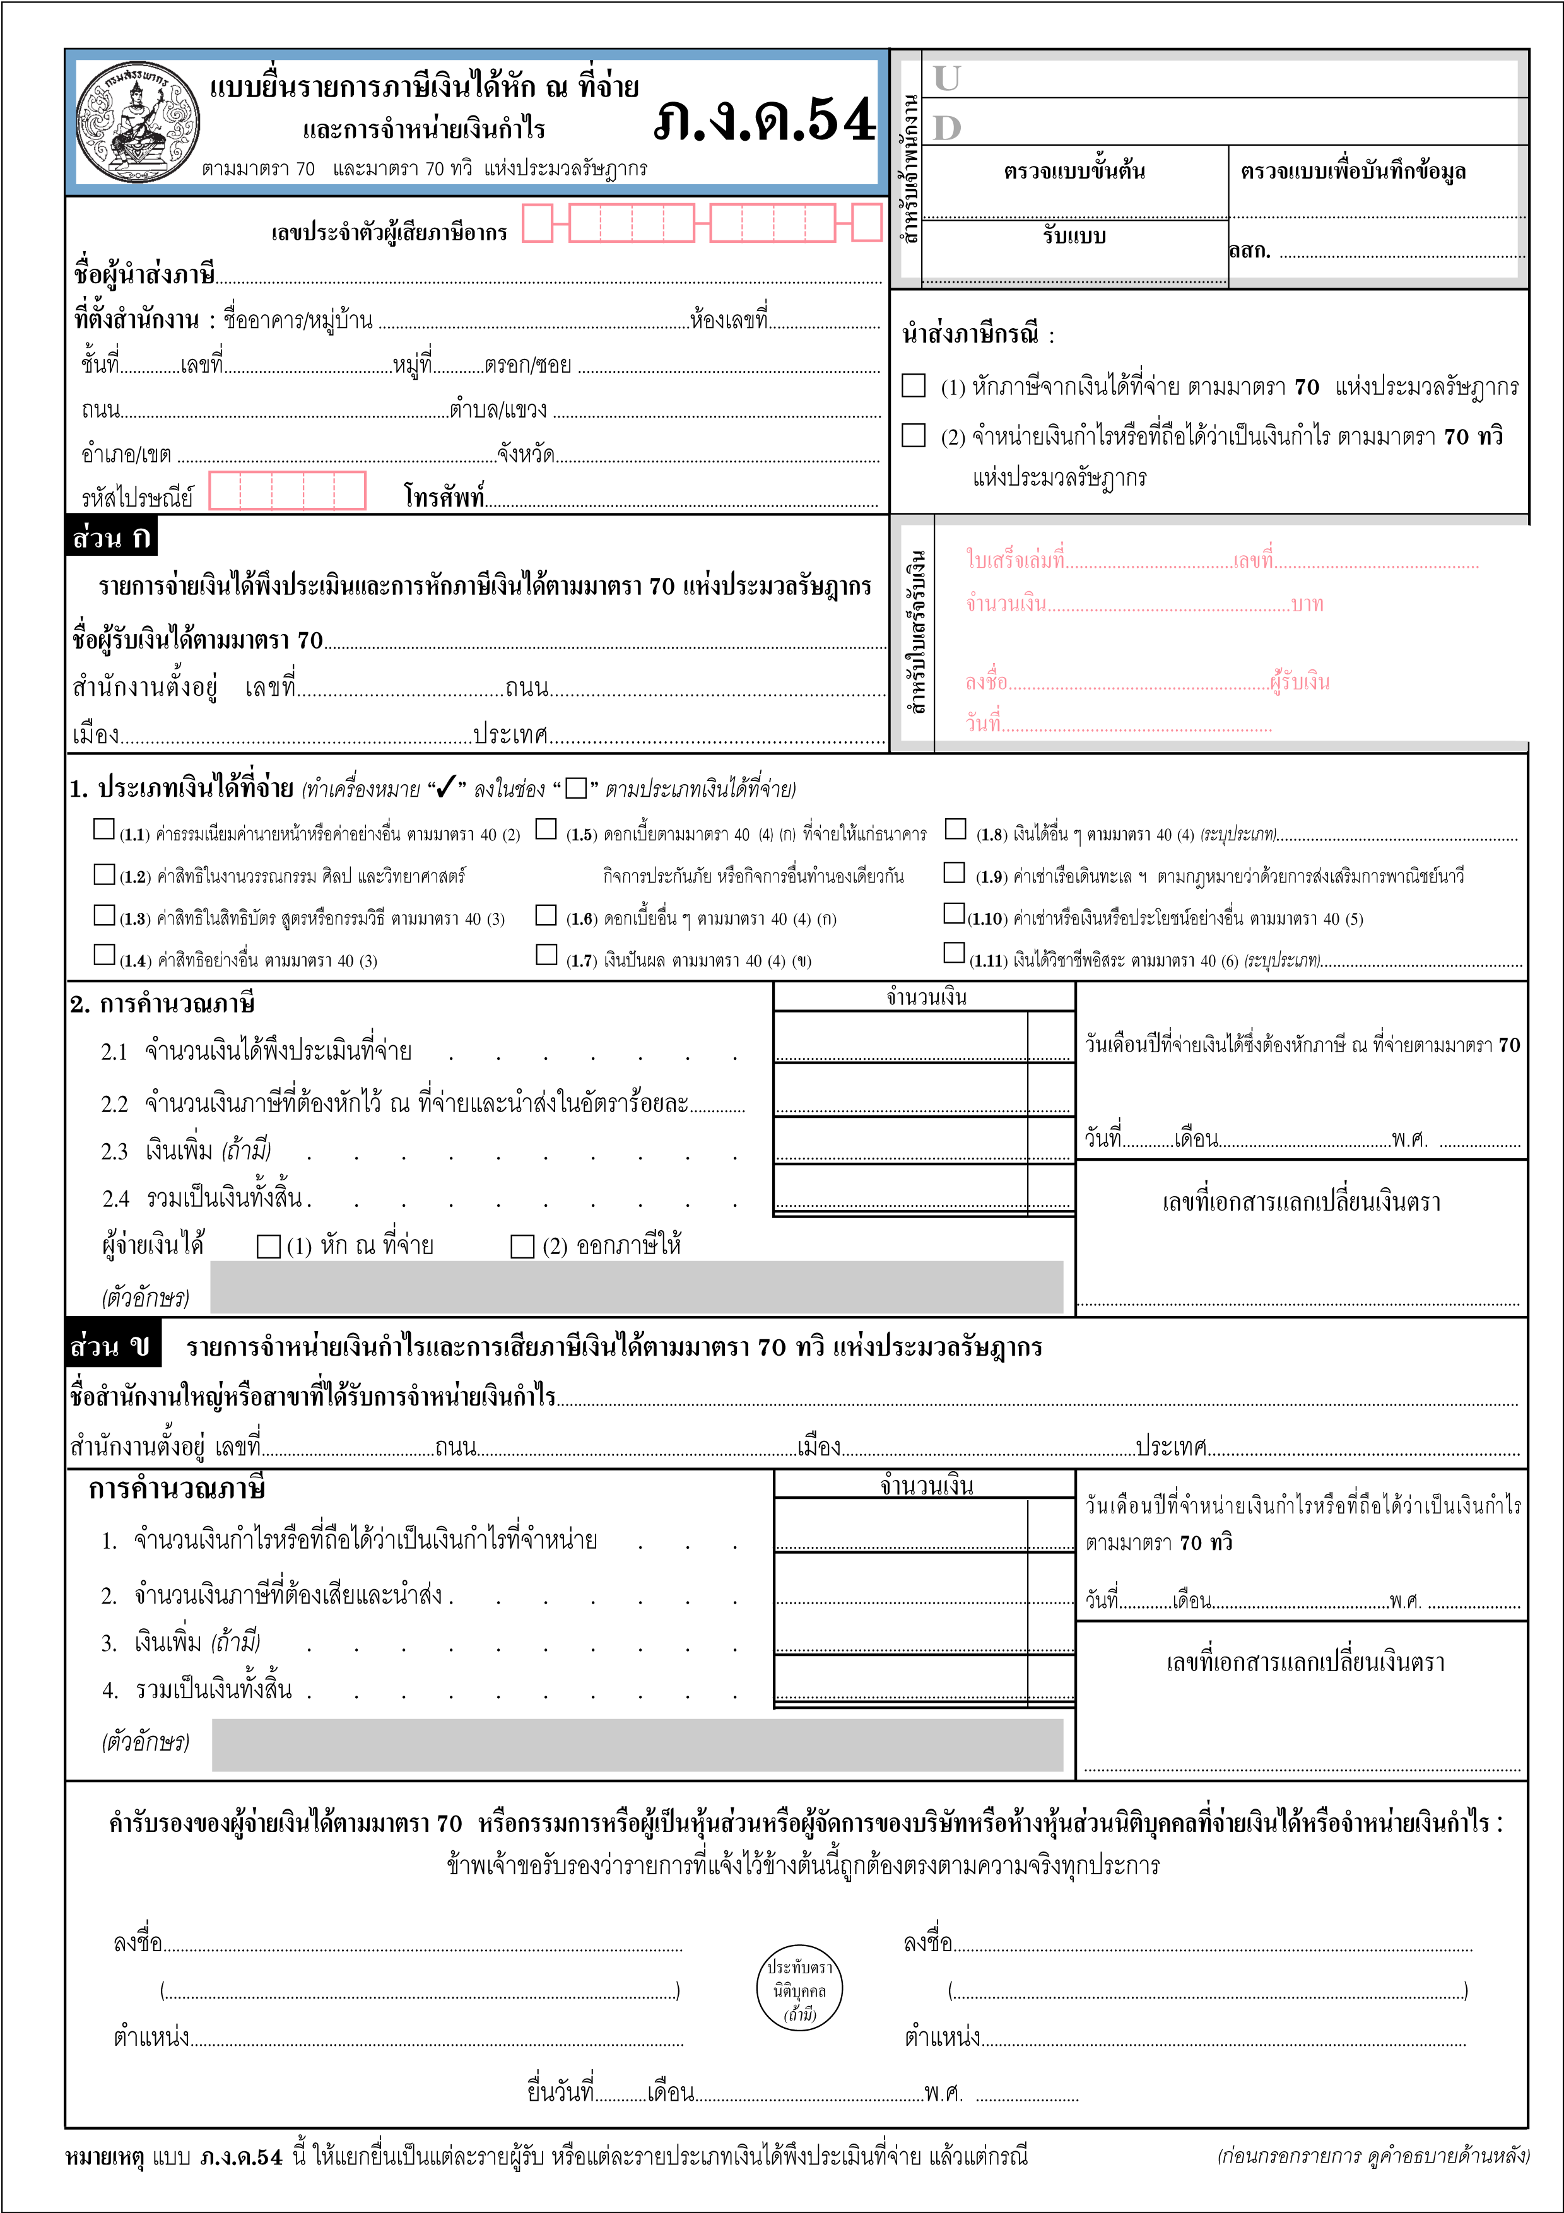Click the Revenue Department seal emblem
[138, 122]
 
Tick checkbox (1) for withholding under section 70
[914, 385]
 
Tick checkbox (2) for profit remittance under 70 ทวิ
[914, 436]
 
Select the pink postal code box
[287, 491]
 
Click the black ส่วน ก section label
[112, 537]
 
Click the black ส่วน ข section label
[112, 1346]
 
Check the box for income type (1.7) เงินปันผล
[546, 954]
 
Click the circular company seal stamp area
[800, 1990]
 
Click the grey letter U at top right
[946, 78]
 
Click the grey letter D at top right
[946, 127]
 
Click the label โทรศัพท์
[444, 496]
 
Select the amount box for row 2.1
[901, 1037]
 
